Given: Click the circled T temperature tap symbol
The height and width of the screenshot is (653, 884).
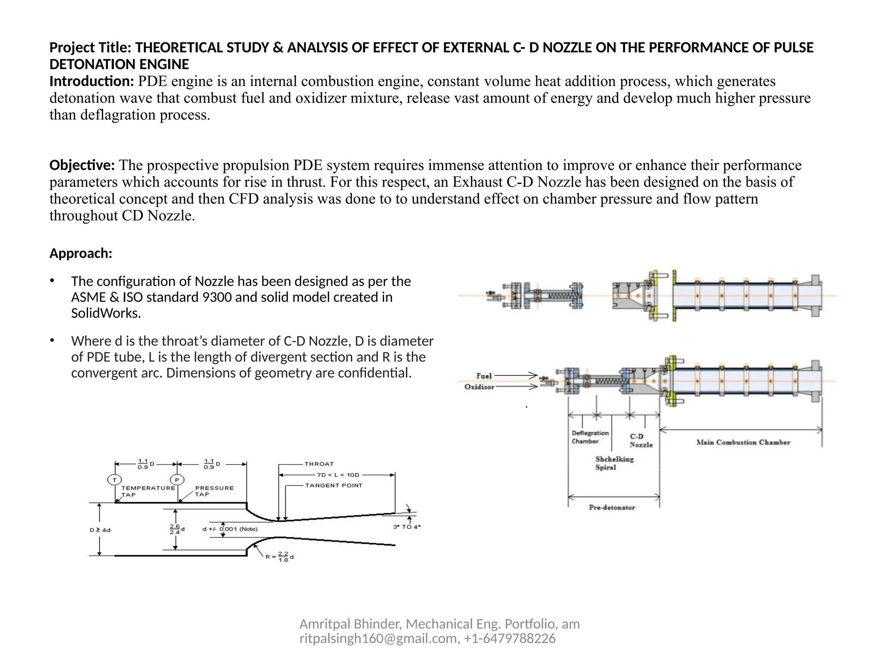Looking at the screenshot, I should click(114, 480).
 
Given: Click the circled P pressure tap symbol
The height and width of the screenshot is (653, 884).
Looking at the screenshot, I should click(177, 480).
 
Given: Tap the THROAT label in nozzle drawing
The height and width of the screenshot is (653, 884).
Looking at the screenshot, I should click(319, 464).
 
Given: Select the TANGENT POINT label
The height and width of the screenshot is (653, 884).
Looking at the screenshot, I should click(334, 485).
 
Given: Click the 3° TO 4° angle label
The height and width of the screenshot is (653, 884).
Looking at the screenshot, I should click(407, 527).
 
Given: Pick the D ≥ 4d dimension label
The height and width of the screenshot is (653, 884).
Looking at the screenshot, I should click(100, 530).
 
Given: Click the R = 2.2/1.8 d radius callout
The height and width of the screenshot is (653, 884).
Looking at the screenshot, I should click(280, 557).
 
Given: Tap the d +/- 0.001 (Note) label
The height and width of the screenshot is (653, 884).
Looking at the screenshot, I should click(230, 529).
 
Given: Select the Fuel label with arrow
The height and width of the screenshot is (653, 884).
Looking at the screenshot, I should click(484, 376).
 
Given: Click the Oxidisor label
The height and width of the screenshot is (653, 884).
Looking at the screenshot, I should click(479, 387).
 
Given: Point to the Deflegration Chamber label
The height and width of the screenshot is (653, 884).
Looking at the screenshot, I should click(590, 437).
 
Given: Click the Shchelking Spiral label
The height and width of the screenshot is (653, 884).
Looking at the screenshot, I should click(614, 463).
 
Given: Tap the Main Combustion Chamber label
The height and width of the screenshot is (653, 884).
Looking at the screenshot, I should click(743, 442).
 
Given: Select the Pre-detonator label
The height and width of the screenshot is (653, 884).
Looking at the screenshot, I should click(612, 507).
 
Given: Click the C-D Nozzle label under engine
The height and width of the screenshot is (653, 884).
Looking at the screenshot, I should click(641, 440).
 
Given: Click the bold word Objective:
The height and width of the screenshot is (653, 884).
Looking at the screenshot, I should click(82, 165).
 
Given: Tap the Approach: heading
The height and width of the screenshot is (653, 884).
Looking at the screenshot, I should click(81, 253).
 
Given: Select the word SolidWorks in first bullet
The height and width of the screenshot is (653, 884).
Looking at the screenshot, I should click(106, 313).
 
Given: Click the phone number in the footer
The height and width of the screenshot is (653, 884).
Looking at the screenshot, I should click(510, 638).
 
